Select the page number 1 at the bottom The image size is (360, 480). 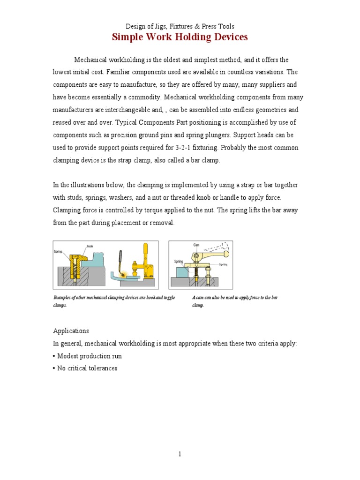(x=180, y=454)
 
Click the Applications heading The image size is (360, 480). (x=71, y=331)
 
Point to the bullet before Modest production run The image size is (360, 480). (x=54, y=356)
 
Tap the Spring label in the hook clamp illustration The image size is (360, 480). (x=58, y=252)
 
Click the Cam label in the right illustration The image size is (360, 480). (x=196, y=245)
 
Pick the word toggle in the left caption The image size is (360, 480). (x=167, y=298)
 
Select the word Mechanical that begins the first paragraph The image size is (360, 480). (x=90, y=60)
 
